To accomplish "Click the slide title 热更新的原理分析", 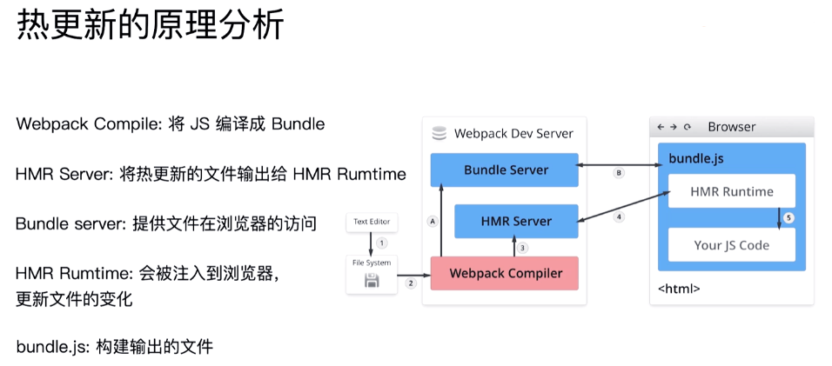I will [x=151, y=25].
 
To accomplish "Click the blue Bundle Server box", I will [x=505, y=170].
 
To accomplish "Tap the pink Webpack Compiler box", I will [x=504, y=273].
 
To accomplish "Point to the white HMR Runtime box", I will [x=731, y=191].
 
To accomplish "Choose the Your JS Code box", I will [x=731, y=244].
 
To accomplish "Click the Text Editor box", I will [x=372, y=223].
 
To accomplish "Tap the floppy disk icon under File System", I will [x=372, y=280].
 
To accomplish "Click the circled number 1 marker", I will [x=381, y=243].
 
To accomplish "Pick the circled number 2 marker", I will [x=411, y=283].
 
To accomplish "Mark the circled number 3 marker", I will [x=522, y=248].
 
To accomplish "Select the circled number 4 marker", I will [x=620, y=216].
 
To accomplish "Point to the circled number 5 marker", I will [x=788, y=218].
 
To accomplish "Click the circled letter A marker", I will [x=432, y=221].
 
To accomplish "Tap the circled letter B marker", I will [x=619, y=173].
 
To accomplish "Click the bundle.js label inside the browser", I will [x=695, y=159].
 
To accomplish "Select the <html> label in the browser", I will [x=679, y=289].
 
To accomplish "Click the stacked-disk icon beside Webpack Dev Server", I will [x=439, y=133].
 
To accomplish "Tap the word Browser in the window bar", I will [x=732, y=127].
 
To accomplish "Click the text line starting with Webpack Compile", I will [x=170, y=124].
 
